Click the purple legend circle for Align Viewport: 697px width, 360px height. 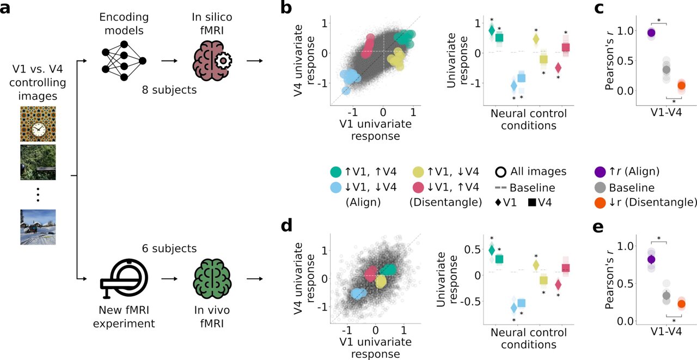[600, 172]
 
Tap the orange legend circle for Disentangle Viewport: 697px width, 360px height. [600, 202]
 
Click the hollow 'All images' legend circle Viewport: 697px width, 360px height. [501, 172]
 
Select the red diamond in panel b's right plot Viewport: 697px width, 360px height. [558, 68]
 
